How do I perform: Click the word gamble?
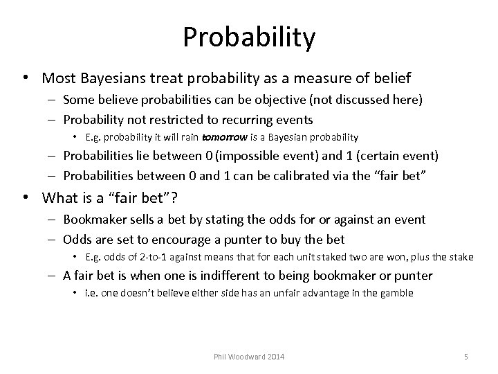point(396,293)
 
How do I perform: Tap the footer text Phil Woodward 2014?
point(250,357)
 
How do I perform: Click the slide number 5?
point(465,357)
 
